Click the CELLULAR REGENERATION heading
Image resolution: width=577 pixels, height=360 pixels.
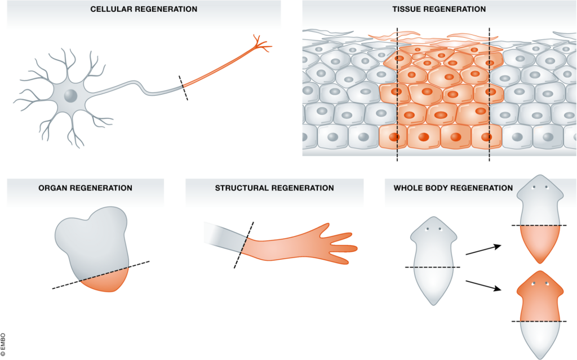144,9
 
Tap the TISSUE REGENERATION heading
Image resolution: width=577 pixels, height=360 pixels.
439,9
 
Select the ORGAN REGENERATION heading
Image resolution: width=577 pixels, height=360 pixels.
86,188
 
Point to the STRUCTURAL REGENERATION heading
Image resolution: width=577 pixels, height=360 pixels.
274,188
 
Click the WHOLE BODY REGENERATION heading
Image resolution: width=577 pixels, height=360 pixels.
453,188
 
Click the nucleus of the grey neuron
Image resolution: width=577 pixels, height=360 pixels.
70,96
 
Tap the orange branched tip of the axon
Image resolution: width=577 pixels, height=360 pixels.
261,44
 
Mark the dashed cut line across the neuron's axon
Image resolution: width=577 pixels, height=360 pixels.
183,88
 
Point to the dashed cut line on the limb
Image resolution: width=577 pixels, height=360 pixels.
243,245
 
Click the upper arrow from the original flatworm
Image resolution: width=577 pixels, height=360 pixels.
483,250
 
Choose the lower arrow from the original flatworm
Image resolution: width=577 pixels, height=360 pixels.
483,286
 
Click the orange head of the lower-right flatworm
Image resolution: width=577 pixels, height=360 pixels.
540,296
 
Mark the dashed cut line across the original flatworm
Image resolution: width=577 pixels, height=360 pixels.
433,267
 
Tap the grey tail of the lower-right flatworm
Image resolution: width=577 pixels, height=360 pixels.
540,339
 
